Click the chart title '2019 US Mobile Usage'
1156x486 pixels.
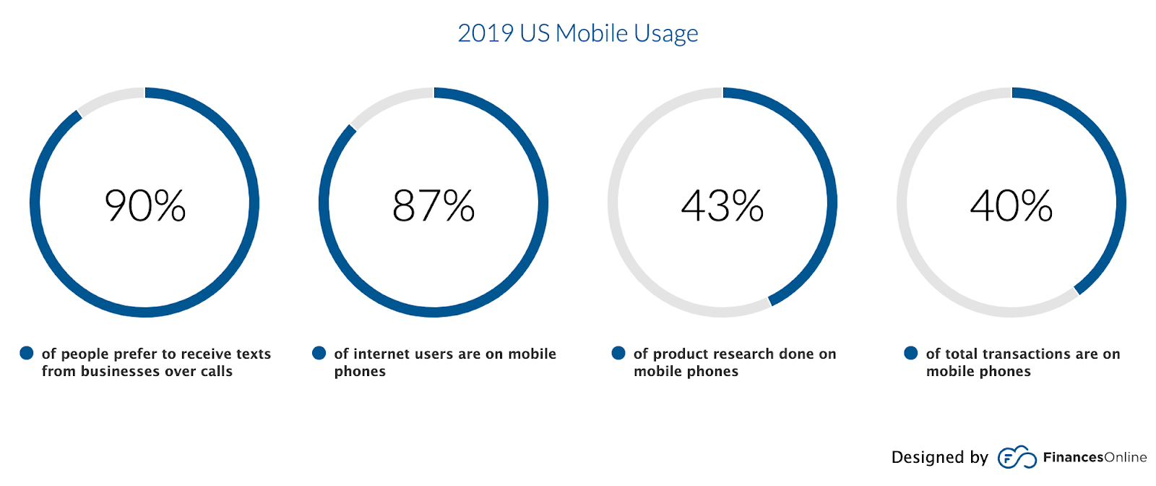578,33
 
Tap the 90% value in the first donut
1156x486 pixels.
145,205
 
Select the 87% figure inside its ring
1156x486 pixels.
433,205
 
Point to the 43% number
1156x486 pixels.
722,205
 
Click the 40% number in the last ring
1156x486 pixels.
1011,205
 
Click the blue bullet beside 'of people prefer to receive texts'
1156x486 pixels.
27,353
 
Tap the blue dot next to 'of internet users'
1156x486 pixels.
319,353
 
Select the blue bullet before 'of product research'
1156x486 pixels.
618,353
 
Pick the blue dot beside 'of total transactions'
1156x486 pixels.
911,353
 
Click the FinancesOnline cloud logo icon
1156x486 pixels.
1017,457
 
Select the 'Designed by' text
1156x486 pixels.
939,457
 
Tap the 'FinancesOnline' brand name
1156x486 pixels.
1095,457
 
